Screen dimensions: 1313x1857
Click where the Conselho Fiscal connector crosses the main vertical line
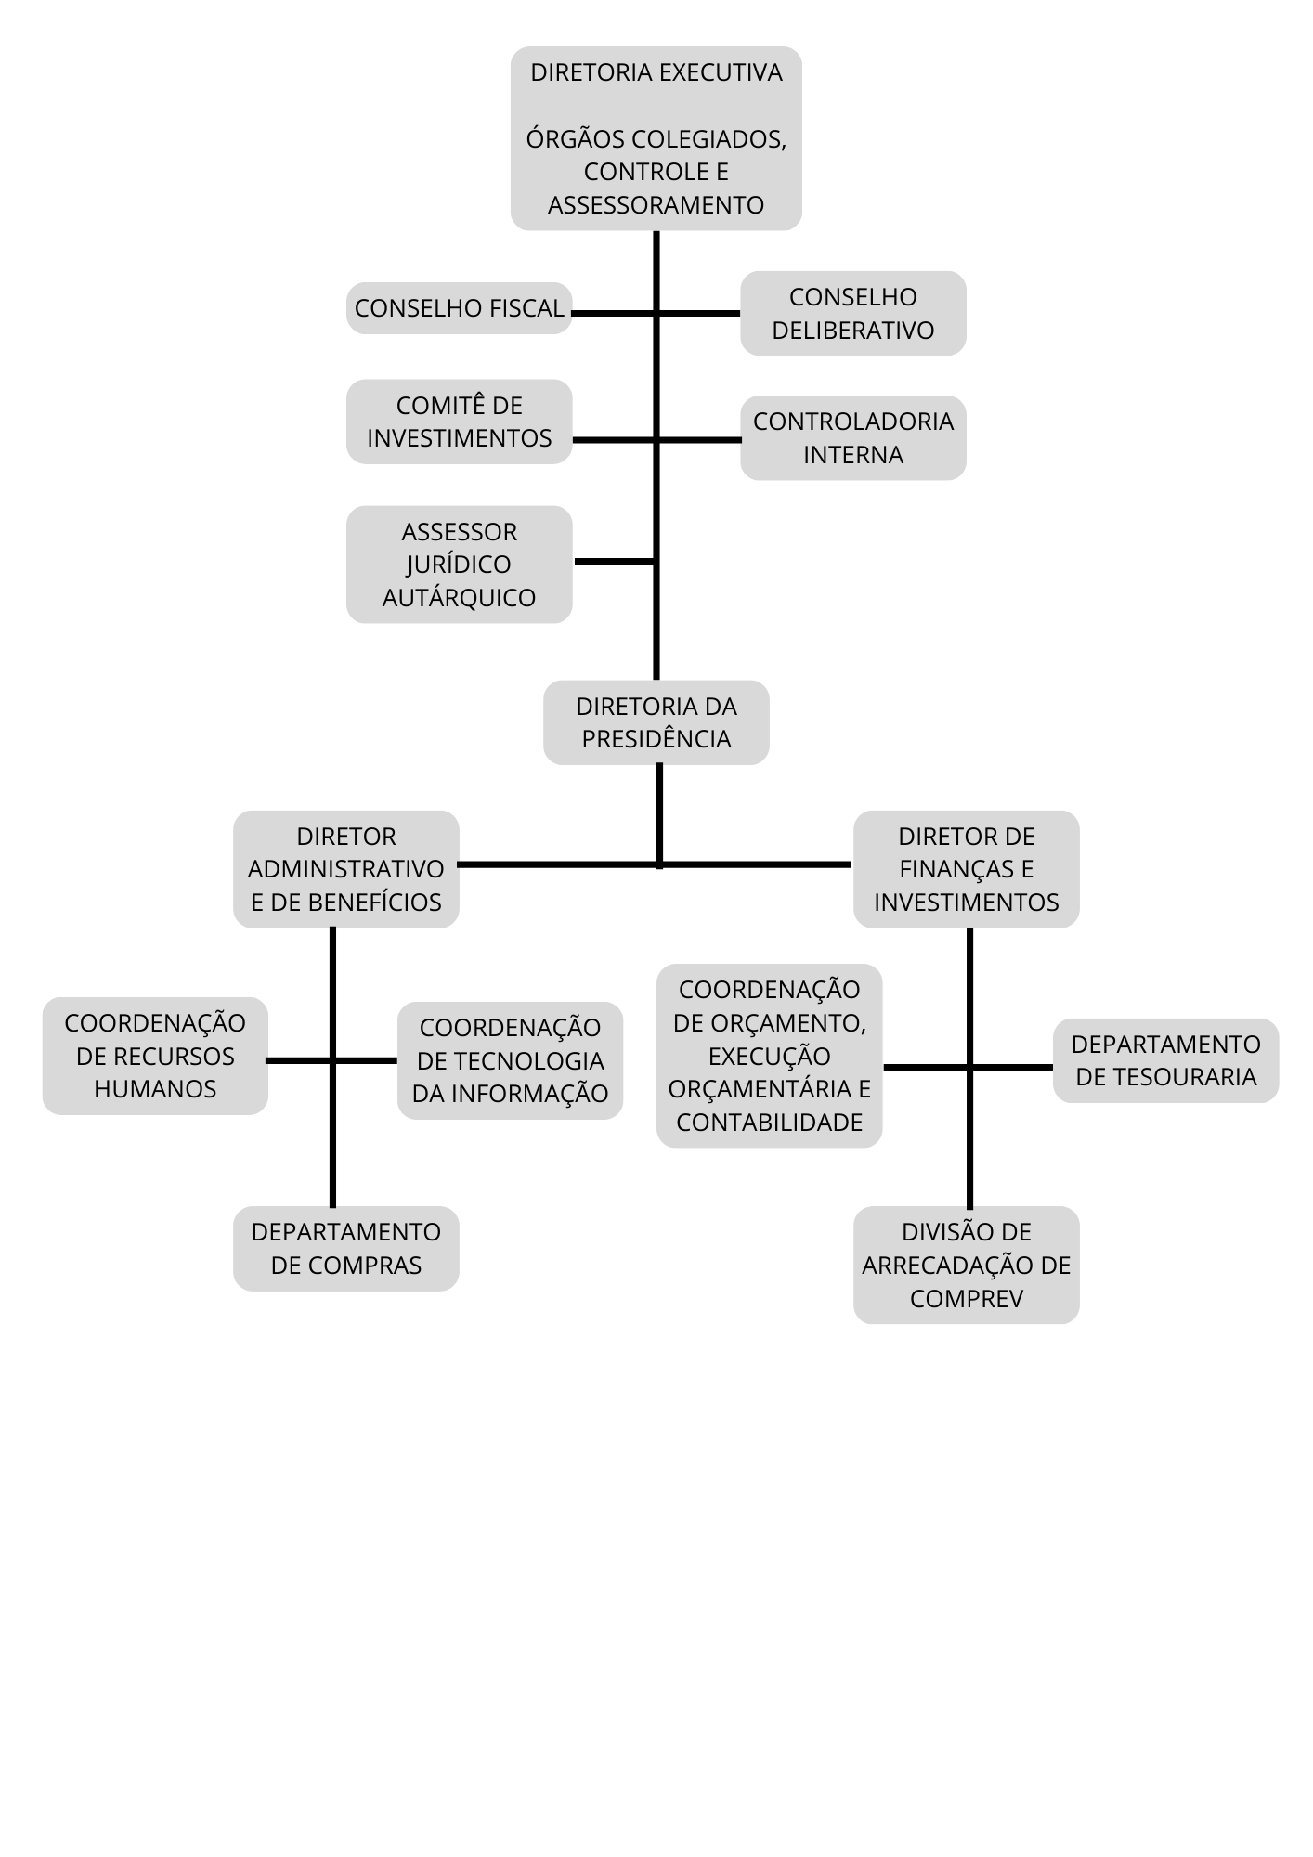point(656,313)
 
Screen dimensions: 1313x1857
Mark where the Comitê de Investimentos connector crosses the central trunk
point(656,440)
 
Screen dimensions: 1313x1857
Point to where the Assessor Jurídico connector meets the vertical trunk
point(656,562)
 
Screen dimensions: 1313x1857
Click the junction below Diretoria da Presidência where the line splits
point(659,864)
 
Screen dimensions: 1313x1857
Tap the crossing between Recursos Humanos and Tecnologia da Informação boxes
point(332,1060)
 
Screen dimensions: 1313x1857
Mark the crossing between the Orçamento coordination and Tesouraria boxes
point(969,1068)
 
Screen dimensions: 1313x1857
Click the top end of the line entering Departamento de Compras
point(332,928)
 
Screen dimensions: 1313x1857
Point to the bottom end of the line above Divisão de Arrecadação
point(969,1207)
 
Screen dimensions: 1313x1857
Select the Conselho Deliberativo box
point(853,313)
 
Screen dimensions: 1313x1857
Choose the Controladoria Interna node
point(853,438)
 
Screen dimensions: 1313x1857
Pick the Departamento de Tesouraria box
point(1166,1060)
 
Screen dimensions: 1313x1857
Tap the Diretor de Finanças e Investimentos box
point(967,869)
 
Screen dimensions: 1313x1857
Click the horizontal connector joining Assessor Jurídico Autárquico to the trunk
point(615,562)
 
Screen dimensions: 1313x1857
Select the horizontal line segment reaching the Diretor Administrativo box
point(558,864)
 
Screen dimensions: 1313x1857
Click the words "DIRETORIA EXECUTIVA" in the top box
point(656,72)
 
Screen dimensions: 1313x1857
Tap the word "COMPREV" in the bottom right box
point(967,1298)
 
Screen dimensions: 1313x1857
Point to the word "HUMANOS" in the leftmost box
point(155,1089)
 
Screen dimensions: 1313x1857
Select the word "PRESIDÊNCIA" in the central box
point(656,739)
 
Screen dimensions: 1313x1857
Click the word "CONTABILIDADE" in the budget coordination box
point(770,1123)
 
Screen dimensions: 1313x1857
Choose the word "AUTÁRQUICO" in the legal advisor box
point(460,597)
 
